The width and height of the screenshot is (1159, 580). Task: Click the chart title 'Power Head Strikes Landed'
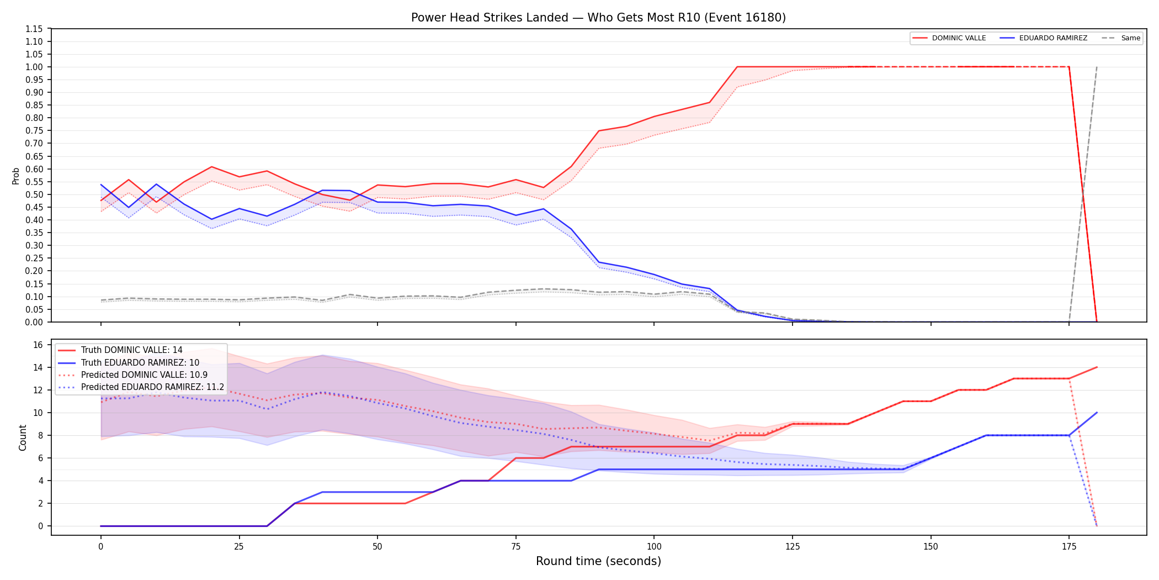tap(490, 18)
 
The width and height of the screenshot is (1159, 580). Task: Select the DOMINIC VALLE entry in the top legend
tap(949, 38)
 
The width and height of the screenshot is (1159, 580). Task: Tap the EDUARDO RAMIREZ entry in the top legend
tap(1044, 38)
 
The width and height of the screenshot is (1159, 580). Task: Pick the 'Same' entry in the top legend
tap(1121, 38)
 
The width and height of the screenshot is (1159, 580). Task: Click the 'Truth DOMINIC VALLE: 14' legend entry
tap(120, 350)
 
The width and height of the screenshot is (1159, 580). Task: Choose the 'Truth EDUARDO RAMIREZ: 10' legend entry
tap(129, 363)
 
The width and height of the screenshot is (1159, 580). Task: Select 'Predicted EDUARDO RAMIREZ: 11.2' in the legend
tap(141, 387)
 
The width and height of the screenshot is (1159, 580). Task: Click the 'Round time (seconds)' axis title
tap(598, 561)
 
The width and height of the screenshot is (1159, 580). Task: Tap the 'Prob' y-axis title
tap(16, 176)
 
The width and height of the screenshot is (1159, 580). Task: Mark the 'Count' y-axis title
tap(23, 437)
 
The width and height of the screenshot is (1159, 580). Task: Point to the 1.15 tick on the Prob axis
tap(34, 29)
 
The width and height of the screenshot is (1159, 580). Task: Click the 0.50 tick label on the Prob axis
tap(34, 194)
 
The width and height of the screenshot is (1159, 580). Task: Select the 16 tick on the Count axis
tap(38, 345)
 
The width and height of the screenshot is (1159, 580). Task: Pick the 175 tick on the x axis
tap(1069, 547)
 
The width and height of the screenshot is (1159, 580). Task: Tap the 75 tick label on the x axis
tap(515, 547)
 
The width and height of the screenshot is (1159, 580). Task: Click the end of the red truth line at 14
tap(1097, 367)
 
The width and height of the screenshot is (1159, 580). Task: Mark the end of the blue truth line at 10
tap(1097, 413)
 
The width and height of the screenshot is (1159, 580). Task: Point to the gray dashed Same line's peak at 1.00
tap(1097, 67)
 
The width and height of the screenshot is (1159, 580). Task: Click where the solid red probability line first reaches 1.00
tap(737, 67)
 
